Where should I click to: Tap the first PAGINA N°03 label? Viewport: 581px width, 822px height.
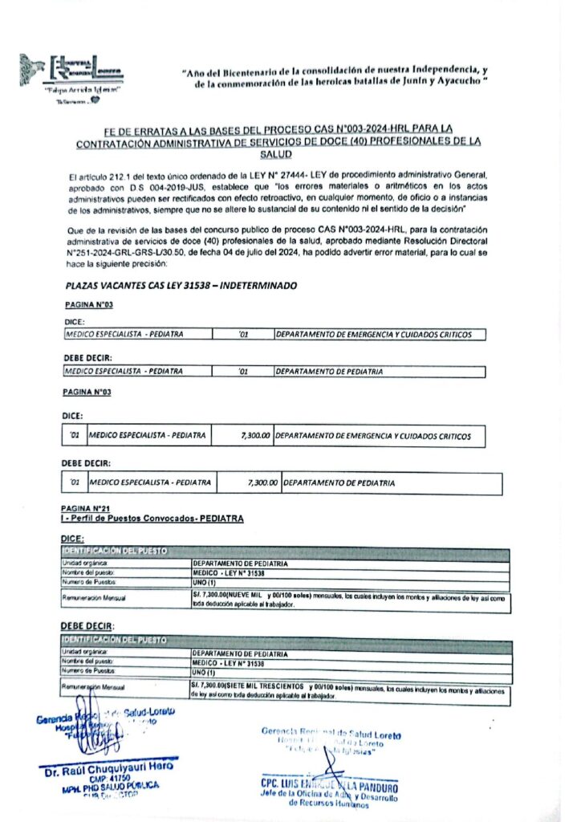point(87,306)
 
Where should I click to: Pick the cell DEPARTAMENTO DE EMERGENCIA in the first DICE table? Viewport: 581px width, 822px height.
point(373,334)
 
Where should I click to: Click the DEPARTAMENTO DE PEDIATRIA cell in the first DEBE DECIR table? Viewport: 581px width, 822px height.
point(330,372)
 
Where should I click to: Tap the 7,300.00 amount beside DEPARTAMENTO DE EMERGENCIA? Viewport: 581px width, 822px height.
point(255,436)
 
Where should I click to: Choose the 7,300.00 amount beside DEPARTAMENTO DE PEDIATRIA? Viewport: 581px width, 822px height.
point(262,483)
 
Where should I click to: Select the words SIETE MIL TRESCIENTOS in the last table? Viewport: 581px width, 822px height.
point(265,688)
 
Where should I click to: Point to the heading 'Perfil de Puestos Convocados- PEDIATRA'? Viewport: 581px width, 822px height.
point(157,519)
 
